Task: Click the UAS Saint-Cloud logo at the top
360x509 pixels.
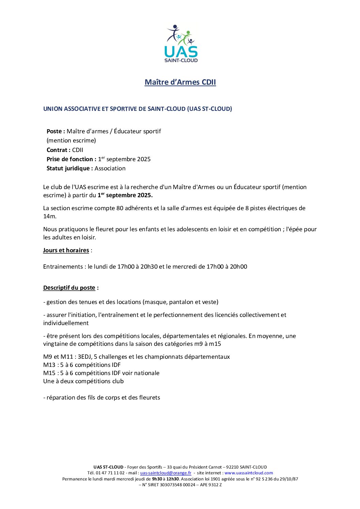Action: [x=181, y=44]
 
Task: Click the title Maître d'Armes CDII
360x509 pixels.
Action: [x=180, y=82]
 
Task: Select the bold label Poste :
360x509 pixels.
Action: [x=56, y=131]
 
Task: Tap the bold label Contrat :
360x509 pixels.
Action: [x=59, y=150]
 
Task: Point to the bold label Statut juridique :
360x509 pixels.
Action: [x=70, y=168]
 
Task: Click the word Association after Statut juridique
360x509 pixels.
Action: [x=110, y=168]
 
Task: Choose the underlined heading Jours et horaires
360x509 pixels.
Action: [x=66, y=250]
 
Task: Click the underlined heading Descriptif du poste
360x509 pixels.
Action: [x=69, y=288]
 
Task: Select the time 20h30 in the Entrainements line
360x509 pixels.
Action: [x=149, y=267]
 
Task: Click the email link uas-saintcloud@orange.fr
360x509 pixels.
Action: [x=166, y=473]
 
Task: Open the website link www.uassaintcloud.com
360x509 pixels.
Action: [x=249, y=473]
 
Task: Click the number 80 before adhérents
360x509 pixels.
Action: [x=120, y=208]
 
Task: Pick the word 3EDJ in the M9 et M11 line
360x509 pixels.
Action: [x=85, y=357]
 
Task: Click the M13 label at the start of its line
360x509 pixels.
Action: [x=49, y=365]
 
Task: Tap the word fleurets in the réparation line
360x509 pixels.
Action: [x=149, y=397]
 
